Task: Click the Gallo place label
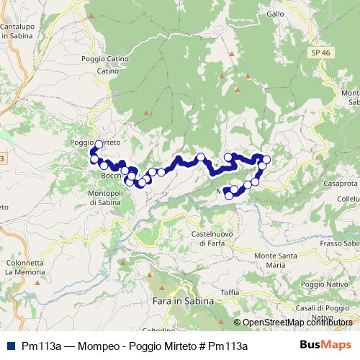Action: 275,14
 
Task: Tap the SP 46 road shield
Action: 321,53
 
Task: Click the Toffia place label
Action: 230,292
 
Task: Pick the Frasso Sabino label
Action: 341,243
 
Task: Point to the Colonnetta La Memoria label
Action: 24,267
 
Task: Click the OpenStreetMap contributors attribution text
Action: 297,323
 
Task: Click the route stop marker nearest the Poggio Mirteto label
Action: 99,144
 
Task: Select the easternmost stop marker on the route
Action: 266,159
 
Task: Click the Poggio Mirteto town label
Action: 94,143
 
